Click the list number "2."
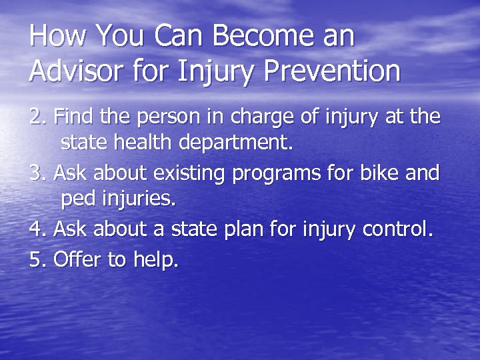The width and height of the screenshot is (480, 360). [x=39, y=117]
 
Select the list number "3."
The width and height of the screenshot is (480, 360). [x=39, y=173]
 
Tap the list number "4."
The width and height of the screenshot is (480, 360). [x=39, y=229]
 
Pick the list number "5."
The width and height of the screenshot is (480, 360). [x=39, y=258]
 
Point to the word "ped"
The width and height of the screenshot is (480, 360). [x=78, y=200]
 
